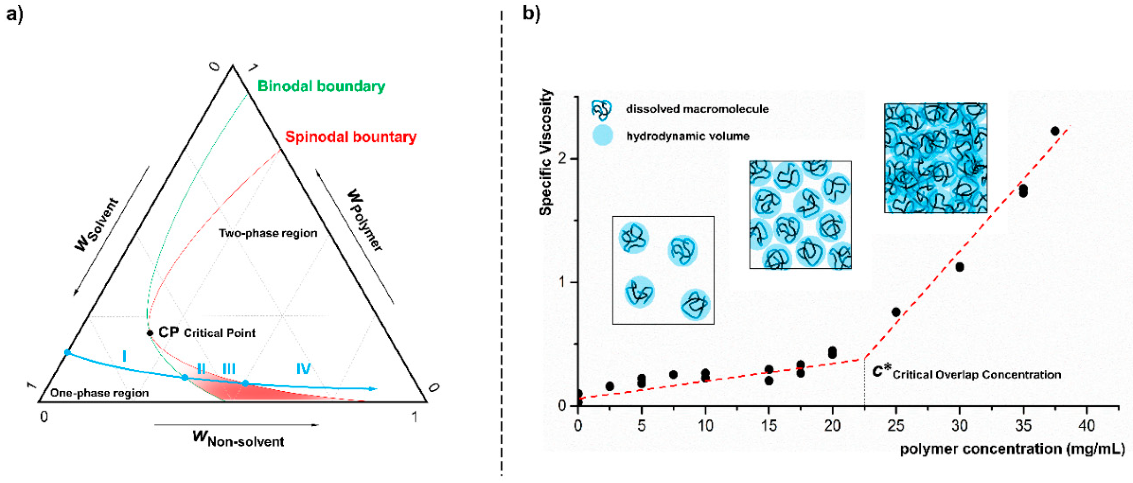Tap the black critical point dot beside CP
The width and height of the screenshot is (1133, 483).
coord(150,333)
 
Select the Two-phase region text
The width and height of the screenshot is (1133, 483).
coord(268,233)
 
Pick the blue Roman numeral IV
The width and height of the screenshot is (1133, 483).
coord(303,368)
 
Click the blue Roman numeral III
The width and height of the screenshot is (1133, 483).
coord(229,368)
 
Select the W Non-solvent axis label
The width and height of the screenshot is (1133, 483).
coord(239,439)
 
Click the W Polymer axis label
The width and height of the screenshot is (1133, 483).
coord(365,220)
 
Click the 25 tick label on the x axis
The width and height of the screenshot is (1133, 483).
coord(896,425)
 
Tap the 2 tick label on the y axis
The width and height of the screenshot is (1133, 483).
coord(562,158)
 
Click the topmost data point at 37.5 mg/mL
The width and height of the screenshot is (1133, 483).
coord(1055,131)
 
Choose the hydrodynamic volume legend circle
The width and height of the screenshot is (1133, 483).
coord(602,135)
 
